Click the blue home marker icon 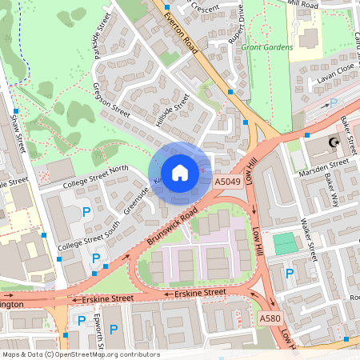point(180,173)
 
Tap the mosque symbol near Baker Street point(335,144)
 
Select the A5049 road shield point(228,182)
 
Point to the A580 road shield point(270,318)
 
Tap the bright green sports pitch point(283,244)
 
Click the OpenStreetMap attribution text point(80,354)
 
